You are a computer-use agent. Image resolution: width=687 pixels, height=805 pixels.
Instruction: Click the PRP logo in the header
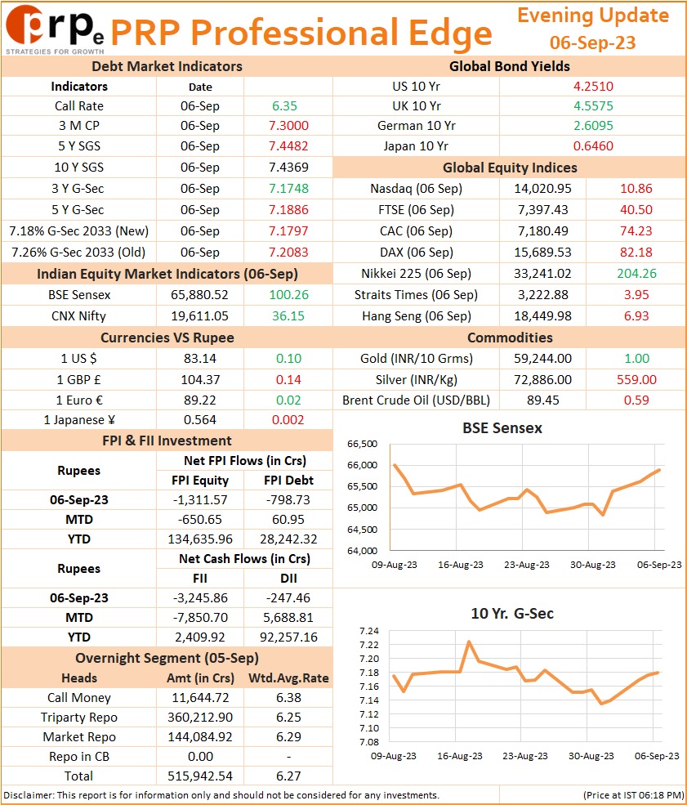click(x=55, y=29)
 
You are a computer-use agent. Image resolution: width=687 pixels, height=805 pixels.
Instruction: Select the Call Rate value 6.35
click(x=284, y=105)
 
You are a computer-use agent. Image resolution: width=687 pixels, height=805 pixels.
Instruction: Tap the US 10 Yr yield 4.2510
click(x=593, y=87)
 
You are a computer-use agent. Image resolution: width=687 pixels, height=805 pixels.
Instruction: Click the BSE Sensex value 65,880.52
click(x=199, y=295)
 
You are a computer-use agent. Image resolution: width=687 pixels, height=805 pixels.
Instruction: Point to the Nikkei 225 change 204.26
click(x=636, y=274)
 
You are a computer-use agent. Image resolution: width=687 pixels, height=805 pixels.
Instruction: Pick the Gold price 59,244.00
click(x=542, y=358)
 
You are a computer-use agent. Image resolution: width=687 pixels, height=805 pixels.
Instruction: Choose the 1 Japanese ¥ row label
click(x=79, y=420)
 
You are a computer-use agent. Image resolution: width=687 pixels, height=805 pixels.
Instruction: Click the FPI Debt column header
click(x=288, y=480)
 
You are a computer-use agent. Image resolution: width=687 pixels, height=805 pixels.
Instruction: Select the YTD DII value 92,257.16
click(x=288, y=637)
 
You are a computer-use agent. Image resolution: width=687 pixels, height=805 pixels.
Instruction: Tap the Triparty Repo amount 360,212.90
click(x=199, y=718)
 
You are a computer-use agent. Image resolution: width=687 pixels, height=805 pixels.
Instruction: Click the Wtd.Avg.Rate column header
click(x=288, y=678)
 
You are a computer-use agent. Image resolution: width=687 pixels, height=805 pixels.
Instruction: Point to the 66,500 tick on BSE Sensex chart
click(x=362, y=444)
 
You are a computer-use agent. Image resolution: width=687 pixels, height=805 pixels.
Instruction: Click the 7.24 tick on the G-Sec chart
click(x=369, y=631)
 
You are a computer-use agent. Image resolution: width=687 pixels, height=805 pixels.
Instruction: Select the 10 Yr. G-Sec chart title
click(x=512, y=614)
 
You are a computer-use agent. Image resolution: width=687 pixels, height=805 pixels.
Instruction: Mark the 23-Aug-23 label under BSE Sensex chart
click(x=526, y=565)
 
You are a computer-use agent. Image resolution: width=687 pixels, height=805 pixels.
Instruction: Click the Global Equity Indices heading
click(x=510, y=168)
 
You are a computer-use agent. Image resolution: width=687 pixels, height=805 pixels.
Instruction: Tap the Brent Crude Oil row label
click(x=416, y=400)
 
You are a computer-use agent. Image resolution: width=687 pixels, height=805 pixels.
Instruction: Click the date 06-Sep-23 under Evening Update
click(x=592, y=42)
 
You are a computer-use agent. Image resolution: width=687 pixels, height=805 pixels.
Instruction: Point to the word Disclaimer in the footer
click(x=27, y=795)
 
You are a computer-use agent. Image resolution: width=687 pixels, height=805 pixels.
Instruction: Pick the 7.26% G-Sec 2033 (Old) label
click(x=78, y=253)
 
